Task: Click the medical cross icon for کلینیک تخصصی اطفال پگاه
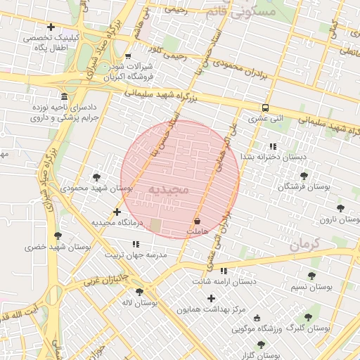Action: coord(51,27)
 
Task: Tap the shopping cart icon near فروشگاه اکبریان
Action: coord(127,56)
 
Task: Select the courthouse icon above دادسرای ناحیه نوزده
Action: coord(64,96)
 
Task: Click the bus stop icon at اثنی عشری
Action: coord(265,108)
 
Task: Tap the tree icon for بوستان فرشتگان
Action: coord(304,176)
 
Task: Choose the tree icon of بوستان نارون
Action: coord(340,208)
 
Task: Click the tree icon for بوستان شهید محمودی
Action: coord(96,177)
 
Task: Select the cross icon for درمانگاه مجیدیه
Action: coord(117,212)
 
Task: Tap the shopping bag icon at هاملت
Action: coord(196,220)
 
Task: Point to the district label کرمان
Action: coord(304,245)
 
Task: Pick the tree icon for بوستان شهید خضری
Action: coord(57,236)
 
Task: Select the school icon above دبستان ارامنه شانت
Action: coord(224,271)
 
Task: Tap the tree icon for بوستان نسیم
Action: coord(311,276)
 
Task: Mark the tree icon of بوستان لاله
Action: coord(139,292)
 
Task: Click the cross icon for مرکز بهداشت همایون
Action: coord(211,298)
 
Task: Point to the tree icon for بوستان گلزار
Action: coord(261,345)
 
